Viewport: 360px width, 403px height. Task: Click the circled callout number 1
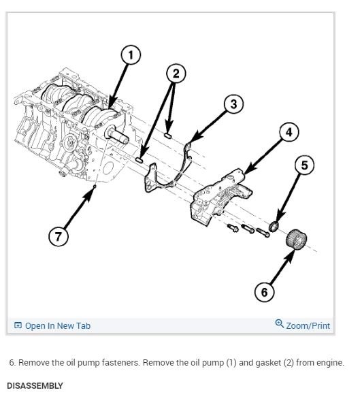131,55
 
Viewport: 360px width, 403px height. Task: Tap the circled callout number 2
176,74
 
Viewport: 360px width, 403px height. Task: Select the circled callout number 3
233,104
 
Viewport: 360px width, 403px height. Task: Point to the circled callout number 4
289,132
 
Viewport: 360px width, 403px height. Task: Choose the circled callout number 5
304,165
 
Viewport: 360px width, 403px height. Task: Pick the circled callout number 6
264,292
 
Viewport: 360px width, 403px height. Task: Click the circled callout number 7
59,236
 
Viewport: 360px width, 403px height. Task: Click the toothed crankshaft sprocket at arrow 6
296,240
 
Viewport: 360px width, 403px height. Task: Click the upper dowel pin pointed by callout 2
168,135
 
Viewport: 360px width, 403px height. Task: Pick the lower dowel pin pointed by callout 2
140,159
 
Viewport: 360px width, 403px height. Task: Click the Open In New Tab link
52,325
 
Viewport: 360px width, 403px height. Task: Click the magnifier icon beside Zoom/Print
279,323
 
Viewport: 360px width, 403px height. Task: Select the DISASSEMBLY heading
35,386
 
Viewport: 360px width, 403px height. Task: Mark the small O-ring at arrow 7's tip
95,186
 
